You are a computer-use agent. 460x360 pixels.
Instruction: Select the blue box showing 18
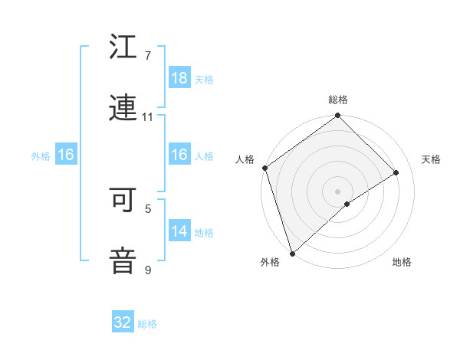coord(179,78)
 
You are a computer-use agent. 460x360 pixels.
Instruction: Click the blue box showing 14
coord(179,231)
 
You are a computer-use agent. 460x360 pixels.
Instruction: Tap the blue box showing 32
coord(123,322)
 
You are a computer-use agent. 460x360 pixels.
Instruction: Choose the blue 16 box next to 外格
coord(66,155)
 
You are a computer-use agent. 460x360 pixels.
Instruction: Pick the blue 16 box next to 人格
coord(179,155)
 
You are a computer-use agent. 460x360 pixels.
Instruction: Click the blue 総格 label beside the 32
coord(147,324)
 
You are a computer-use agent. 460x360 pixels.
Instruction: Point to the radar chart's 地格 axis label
coord(402,263)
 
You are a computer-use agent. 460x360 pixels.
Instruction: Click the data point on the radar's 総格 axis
coord(337,116)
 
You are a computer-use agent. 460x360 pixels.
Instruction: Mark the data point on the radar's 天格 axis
coord(396,172)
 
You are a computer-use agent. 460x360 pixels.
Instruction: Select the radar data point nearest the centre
coord(347,204)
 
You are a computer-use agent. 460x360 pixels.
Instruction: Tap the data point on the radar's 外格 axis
coord(292,252)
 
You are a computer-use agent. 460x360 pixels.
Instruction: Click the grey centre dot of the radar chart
coord(337,190)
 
